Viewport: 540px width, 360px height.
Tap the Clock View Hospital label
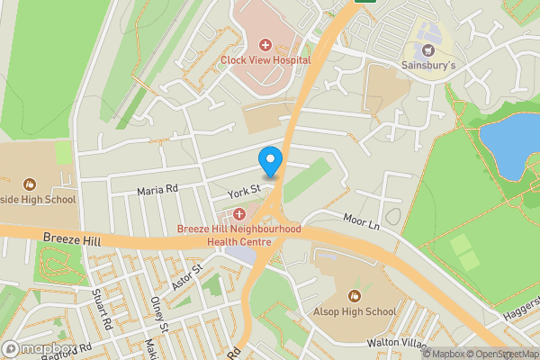pyautogui.click(x=265, y=60)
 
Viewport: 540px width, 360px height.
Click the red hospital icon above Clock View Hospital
pyautogui.click(x=265, y=44)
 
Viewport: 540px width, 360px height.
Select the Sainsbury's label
pyautogui.click(x=428, y=65)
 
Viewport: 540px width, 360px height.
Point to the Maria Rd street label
pyautogui.click(x=157, y=190)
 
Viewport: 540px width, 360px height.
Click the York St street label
pyautogui.click(x=243, y=190)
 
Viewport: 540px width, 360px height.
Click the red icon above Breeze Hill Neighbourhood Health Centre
pyautogui.click(x=238, y=214)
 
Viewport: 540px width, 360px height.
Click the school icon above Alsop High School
pyautogui.click(x=355, y=295)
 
